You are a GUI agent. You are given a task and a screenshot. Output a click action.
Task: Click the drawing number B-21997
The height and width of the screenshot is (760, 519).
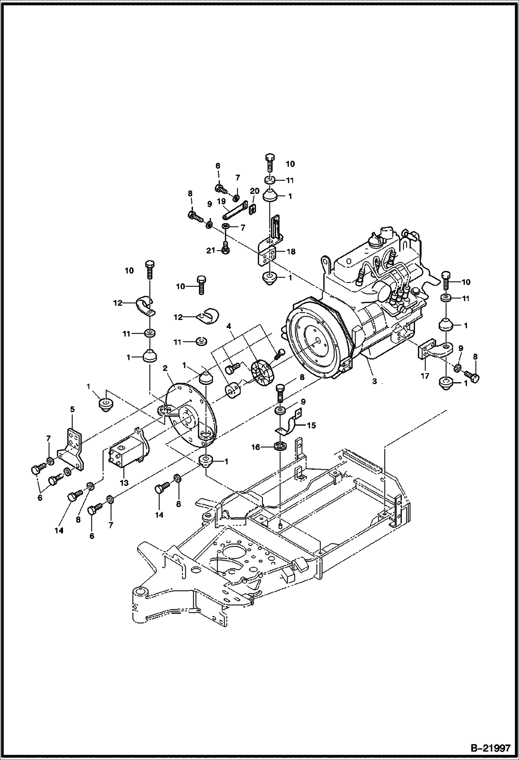[490, 746]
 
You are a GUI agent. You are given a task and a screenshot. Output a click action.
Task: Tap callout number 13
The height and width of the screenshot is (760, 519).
[124, 483]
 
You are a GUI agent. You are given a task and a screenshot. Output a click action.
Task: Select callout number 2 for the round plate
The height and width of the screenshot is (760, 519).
[165, 368]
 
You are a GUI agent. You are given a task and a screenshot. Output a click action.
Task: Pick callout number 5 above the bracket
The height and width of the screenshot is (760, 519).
[72, 409]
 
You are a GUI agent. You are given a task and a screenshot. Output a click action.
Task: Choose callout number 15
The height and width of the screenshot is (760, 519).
[311, 425]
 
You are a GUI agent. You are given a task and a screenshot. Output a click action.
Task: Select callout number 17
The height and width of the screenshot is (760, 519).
[425, 375]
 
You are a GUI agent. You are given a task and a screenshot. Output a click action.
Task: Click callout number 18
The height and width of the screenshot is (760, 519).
[291, 252]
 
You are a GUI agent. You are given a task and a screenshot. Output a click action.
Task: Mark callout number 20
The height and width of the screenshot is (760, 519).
[255, 191]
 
